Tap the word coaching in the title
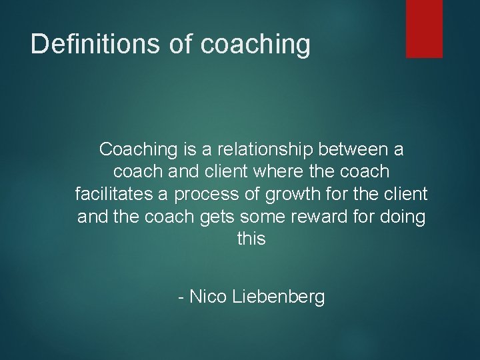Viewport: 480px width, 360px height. tap(255, 45)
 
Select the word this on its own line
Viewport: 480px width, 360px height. tap(251, 239)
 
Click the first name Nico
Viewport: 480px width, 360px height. tap(209, 297)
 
